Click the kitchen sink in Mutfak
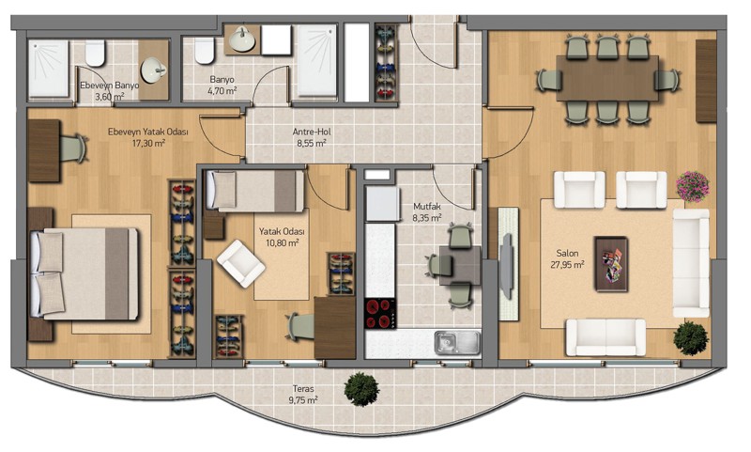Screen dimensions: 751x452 (457, 342)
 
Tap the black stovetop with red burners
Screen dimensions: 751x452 (380, 314)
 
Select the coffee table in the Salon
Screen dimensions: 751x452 (611, 264)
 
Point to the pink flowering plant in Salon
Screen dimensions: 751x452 (692, 186)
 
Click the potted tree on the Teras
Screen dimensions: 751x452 (361, 389)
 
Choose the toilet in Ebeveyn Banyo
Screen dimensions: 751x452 (95, 53)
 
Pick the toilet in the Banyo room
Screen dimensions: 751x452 (204, 51)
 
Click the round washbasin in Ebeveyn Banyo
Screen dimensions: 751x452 (153, 70)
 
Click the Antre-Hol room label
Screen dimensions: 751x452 (312, 132)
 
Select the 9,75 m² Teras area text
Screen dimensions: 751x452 (303, 399)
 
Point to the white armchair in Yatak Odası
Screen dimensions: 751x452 (241, 264)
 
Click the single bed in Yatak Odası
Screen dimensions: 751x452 (255, 191)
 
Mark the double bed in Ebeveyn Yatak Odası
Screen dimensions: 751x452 (84, 273)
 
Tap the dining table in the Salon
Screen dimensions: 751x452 (607, 78)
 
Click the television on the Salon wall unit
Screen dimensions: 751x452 (506, 264)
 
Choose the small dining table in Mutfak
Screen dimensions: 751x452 (460, 265)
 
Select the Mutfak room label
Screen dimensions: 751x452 (427, 207)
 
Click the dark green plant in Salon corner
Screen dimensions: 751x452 (691, 338)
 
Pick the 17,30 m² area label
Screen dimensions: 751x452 (148, 142)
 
